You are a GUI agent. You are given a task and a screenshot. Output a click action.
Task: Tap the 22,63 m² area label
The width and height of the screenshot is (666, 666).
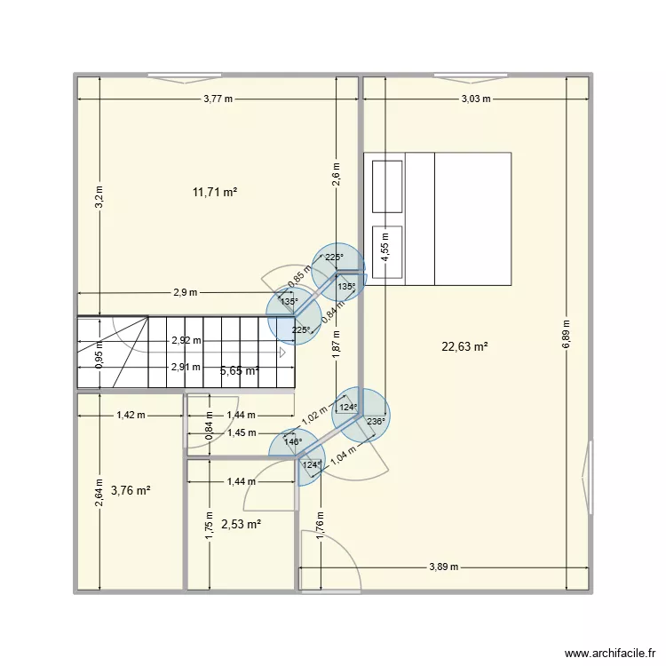(465, 347)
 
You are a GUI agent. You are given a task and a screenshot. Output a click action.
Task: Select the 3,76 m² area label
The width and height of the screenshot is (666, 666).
(131, 489)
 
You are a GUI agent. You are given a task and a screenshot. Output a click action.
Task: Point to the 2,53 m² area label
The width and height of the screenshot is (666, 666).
(241, 524)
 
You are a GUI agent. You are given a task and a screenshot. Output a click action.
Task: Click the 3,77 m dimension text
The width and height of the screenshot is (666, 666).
(217, 99)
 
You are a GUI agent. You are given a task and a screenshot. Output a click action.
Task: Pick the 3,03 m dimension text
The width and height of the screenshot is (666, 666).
(476, 99)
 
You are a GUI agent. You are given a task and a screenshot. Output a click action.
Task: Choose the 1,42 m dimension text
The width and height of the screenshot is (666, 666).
(131, 414)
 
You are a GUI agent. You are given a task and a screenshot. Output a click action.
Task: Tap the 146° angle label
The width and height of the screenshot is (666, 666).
(293, 441)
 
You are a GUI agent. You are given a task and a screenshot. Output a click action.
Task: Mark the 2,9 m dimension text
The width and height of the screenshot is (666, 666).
(186, 292)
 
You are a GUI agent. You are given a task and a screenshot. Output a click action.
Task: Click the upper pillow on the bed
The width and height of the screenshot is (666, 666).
(386, 186)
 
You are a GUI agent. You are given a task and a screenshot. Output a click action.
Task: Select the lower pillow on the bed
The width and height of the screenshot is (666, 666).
(386, 251)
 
